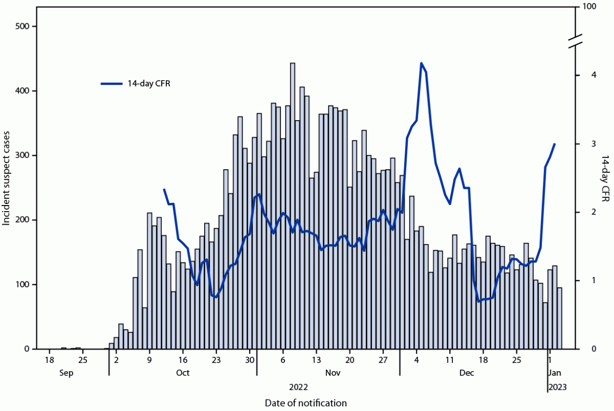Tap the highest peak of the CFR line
pos(421,63)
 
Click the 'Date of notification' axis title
pos(306,403)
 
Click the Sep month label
pos(66,373)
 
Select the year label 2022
pos(299,387)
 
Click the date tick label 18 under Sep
pos(49,359)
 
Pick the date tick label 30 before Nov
pos(250,359)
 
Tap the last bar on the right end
pos(560,318)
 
